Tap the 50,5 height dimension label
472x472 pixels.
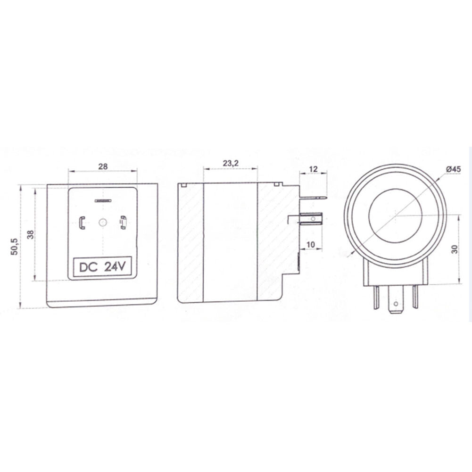coord(14,247)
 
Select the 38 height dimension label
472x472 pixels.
coord(29,234)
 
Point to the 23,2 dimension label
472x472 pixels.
coord(230,163)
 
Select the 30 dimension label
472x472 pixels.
coord(455,248)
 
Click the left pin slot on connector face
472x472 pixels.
coord(82,222)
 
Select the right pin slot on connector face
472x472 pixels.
coord(123,222)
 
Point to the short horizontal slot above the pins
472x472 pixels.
coord(102,201)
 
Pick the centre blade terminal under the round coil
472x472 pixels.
coord(395,302)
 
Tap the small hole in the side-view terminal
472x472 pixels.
coord(312,219)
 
